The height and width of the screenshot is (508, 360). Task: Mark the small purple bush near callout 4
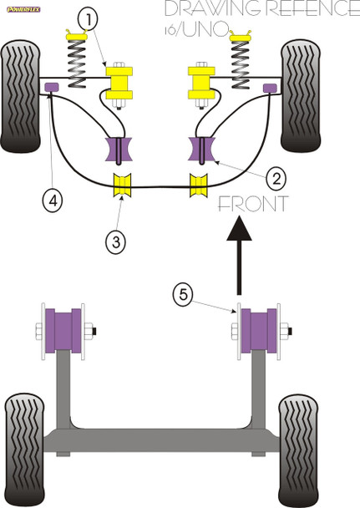50,88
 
